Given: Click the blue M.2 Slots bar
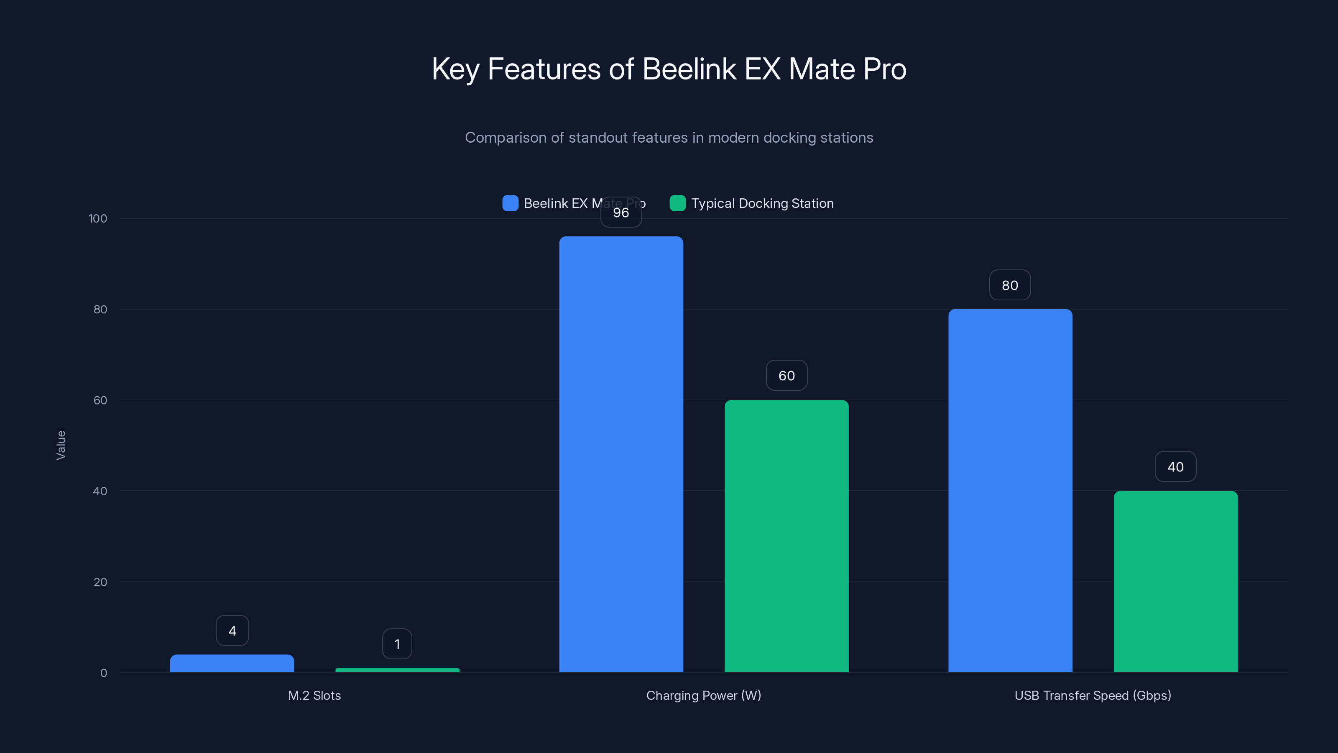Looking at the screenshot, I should [x=232, y=663].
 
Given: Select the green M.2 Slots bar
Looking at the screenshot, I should [x=397, y=670].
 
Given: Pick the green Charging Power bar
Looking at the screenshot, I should [x=786, y=536].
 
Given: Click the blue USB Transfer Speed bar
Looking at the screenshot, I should [x=1010, y=491].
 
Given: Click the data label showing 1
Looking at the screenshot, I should [x=397, y=644].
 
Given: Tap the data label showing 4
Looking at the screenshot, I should [x=232, y=630].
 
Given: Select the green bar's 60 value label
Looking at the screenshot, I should [x=786, y=375].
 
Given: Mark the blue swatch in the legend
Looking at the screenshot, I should [x=510, y=203].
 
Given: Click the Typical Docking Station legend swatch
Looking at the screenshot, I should [x=677, y=203].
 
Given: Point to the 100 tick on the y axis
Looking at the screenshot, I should [x=98, y=218].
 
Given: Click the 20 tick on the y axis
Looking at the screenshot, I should [x=100, y=582].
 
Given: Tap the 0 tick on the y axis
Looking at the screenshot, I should [x=103, y=673].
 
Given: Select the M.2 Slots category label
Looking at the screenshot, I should [x=314, y=695].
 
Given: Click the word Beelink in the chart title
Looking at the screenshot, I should [x=689, y=69].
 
